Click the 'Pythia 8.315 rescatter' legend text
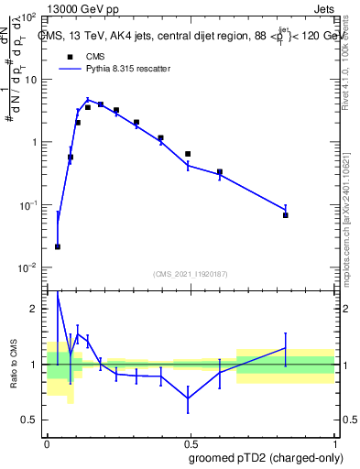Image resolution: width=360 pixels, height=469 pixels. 129,69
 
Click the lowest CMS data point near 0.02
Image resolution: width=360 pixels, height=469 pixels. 58,246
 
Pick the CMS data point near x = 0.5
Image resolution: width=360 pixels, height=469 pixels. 188,154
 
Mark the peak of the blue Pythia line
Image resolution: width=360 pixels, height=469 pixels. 88,100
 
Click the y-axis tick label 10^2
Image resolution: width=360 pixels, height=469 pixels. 28,17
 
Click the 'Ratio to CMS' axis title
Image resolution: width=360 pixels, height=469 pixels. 13,364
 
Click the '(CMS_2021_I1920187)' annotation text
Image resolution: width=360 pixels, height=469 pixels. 191,273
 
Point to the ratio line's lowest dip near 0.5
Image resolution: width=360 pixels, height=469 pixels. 188,398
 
